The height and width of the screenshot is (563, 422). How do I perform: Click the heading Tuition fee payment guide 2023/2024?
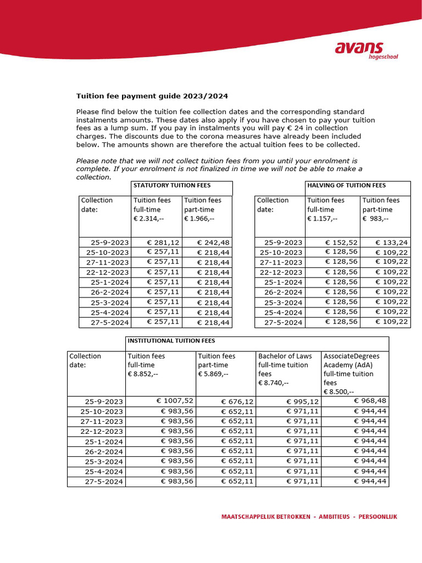point(152,95)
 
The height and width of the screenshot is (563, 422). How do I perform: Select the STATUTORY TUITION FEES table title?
point(172,186)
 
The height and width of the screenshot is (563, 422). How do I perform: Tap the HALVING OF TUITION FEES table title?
point(346,186)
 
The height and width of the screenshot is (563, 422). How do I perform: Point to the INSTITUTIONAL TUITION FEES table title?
point(171,341)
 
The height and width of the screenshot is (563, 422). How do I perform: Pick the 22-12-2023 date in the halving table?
point(281,272)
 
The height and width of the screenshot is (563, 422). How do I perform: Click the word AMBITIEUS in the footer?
point(333,517)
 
